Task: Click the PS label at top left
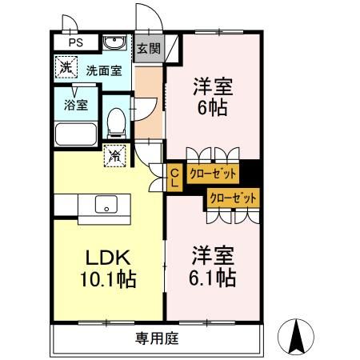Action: click(74, 42)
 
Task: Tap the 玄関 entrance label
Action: click(148, 47)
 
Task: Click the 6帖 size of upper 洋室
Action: click(212, 110)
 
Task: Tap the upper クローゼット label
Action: click(213, 172)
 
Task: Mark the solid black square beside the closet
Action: click(250, 172)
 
